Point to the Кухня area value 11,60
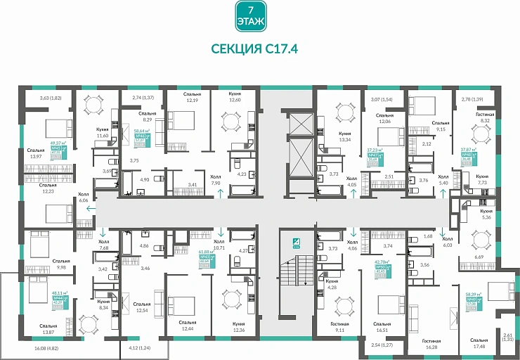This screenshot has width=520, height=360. (103, 135)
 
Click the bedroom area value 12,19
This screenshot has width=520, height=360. (192, 99)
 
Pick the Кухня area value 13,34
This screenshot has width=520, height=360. (344, 139)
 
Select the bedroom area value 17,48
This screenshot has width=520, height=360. (480, 347)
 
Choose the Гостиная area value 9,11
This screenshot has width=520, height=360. (340, 329)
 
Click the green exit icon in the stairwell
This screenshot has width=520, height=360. (297, 244)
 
